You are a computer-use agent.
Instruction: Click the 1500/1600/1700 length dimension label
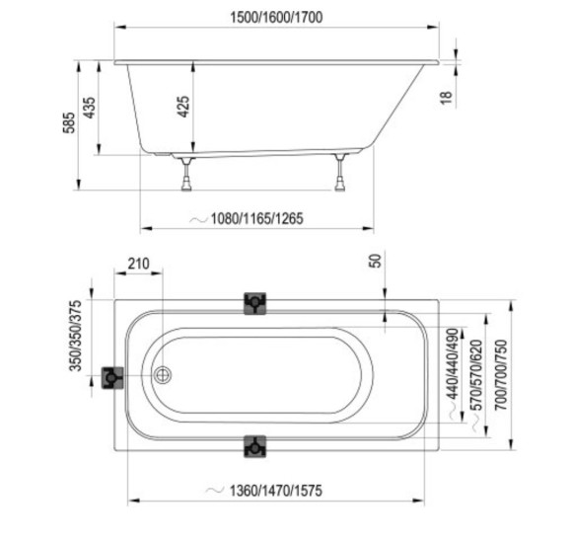coord(276,17)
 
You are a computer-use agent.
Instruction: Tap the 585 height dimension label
coord(69,122)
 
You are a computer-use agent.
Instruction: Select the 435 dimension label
coord(90,108)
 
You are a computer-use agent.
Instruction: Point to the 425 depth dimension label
coord(183,107)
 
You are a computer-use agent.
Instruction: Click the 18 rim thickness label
coord(446,98)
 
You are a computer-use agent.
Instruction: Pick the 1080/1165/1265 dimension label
coord(257,218)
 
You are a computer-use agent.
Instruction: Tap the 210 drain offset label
coord(139,264)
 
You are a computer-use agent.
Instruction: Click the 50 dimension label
coord(376,261)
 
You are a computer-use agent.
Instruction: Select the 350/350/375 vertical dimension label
coord(76,336)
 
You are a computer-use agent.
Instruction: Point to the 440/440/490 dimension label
coord(453,363)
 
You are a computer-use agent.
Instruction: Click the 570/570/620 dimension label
coord(477,375)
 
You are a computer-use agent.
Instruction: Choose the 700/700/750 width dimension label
coord(501,374)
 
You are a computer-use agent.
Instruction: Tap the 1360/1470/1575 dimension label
coord(276,491)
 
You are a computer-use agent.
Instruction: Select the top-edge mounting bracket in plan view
coord(255,303)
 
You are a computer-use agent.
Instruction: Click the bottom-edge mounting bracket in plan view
coord(255,446)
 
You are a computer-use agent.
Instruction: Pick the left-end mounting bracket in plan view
coord(112,377)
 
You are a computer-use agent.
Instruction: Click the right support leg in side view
coord(340,172)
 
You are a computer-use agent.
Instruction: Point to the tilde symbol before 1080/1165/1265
coord(199,219)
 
